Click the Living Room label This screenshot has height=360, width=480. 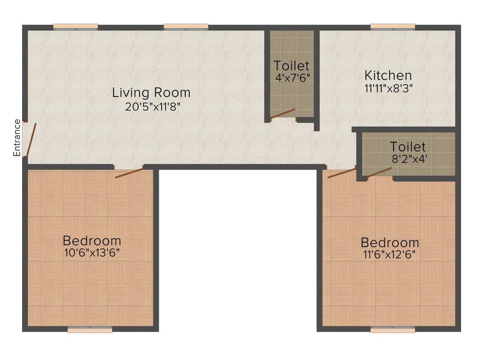(151, 92)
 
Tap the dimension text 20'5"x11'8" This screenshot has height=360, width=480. (152, 106)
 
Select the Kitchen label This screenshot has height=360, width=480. (388, 75)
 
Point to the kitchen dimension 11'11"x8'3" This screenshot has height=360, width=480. (388, 88)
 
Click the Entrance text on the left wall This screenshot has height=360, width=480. (17, 138)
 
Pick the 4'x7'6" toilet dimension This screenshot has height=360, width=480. (292, 77)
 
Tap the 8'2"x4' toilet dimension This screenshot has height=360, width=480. (409, 159)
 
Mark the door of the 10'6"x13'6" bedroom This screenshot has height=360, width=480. (129, 172)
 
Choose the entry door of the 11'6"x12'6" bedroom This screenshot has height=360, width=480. (341, 172)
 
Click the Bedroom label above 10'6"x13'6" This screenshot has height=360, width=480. (92, 241)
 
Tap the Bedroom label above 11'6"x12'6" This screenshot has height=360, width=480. (390, 243)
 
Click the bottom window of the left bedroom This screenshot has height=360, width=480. (90, 330)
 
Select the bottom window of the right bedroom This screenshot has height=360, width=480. (393, 330)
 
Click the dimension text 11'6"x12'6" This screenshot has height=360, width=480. (389, 255)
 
